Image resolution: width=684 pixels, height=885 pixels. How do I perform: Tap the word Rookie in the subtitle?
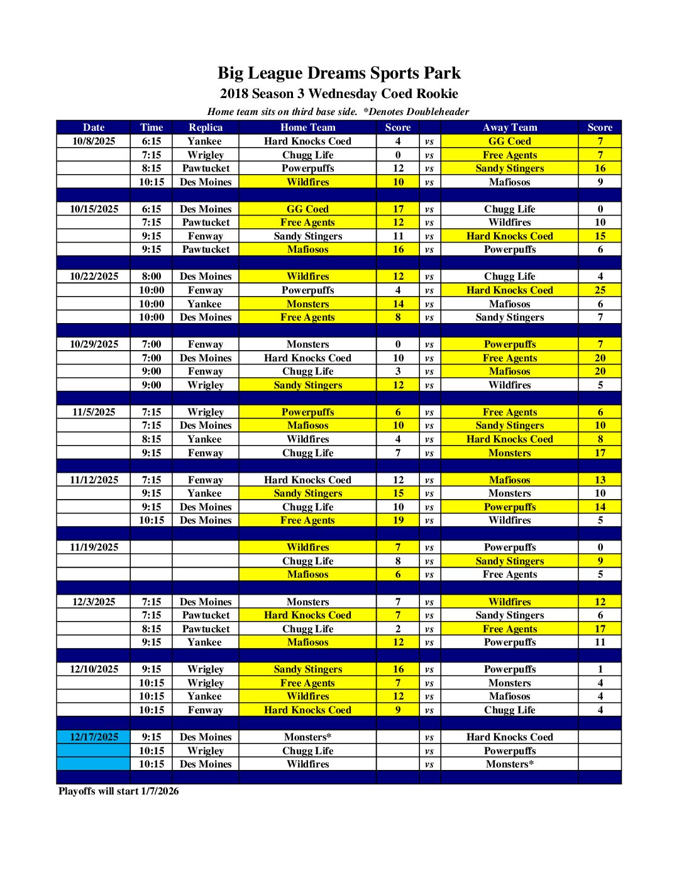(436, 94)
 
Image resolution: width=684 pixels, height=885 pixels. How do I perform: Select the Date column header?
(94, 128)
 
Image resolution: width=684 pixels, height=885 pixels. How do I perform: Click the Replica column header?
(206, 128)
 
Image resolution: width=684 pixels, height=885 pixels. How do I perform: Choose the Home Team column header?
(307, 128)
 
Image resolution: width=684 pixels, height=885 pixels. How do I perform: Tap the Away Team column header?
(509, 128)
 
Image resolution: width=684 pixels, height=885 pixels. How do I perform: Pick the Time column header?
(152, 128)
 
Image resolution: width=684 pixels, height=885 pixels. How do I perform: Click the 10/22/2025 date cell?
(94, 277)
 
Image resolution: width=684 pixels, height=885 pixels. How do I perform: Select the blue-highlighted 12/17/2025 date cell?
(94, 737)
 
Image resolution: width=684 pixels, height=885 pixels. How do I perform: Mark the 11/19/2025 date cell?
(94, 547)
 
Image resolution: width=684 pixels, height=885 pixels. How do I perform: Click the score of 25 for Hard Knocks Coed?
(600, 290)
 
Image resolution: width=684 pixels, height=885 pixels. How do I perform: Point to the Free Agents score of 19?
(398, 520)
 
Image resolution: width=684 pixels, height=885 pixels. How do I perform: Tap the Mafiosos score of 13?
(600, 480)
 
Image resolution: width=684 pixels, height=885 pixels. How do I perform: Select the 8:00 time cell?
(152, 277)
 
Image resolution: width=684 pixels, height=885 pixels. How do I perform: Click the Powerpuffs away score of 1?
(600, 669)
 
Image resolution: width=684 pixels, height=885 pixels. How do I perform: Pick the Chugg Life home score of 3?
(398, 371)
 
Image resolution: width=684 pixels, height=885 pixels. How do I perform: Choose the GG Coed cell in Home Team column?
(307, 209)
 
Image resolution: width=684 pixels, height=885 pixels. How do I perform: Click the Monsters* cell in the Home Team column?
(307, 737)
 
